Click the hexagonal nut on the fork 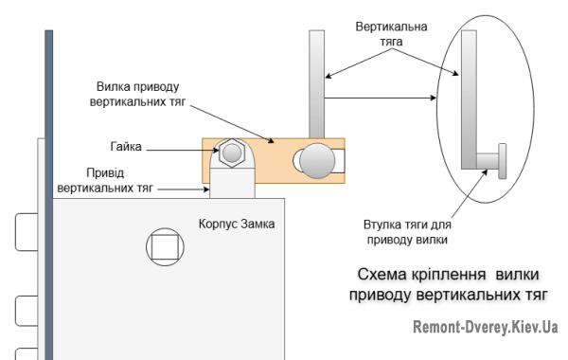click(231, 151)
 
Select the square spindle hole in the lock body click(166, 248)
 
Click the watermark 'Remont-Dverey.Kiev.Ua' click(484, 328)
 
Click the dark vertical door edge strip click(46, 189)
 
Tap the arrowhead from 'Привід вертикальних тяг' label click(207, 189)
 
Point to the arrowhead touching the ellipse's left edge click(437, 98)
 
